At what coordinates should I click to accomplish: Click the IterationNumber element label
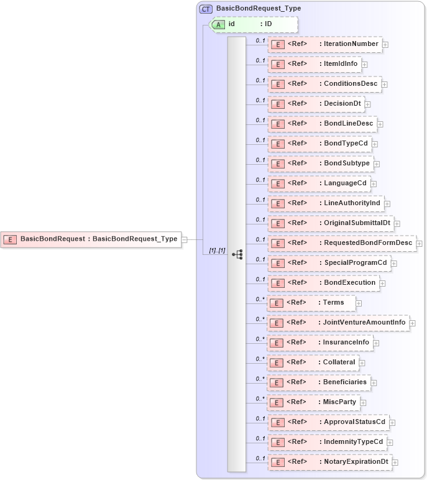click(x=351, y=44)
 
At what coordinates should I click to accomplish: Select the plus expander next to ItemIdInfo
click(x=365, y=64)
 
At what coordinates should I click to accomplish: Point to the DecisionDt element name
click(x=342, y=103)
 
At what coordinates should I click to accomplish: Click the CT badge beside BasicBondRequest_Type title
click(x=206, y=9)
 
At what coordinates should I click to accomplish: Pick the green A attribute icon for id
click(x=219, y=24)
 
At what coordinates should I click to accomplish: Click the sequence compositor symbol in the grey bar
click(x=237, y=254)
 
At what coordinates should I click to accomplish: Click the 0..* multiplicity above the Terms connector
click(x=260, y=299)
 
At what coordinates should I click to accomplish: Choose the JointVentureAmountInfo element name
click(x=364, y=322)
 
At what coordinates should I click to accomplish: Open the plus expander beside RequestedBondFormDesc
click(x=420, y=243)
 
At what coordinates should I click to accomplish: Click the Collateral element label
click(x=339, y=362)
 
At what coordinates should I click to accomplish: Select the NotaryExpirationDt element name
click(x=356, y=461)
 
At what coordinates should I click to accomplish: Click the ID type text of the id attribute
click(x=269, y=24)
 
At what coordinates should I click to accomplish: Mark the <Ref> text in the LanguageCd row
click(x=298, y=183)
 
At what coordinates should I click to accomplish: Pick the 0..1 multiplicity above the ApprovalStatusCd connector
click(x=260, y=418)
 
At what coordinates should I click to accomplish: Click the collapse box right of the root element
click(x=184, y=239)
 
